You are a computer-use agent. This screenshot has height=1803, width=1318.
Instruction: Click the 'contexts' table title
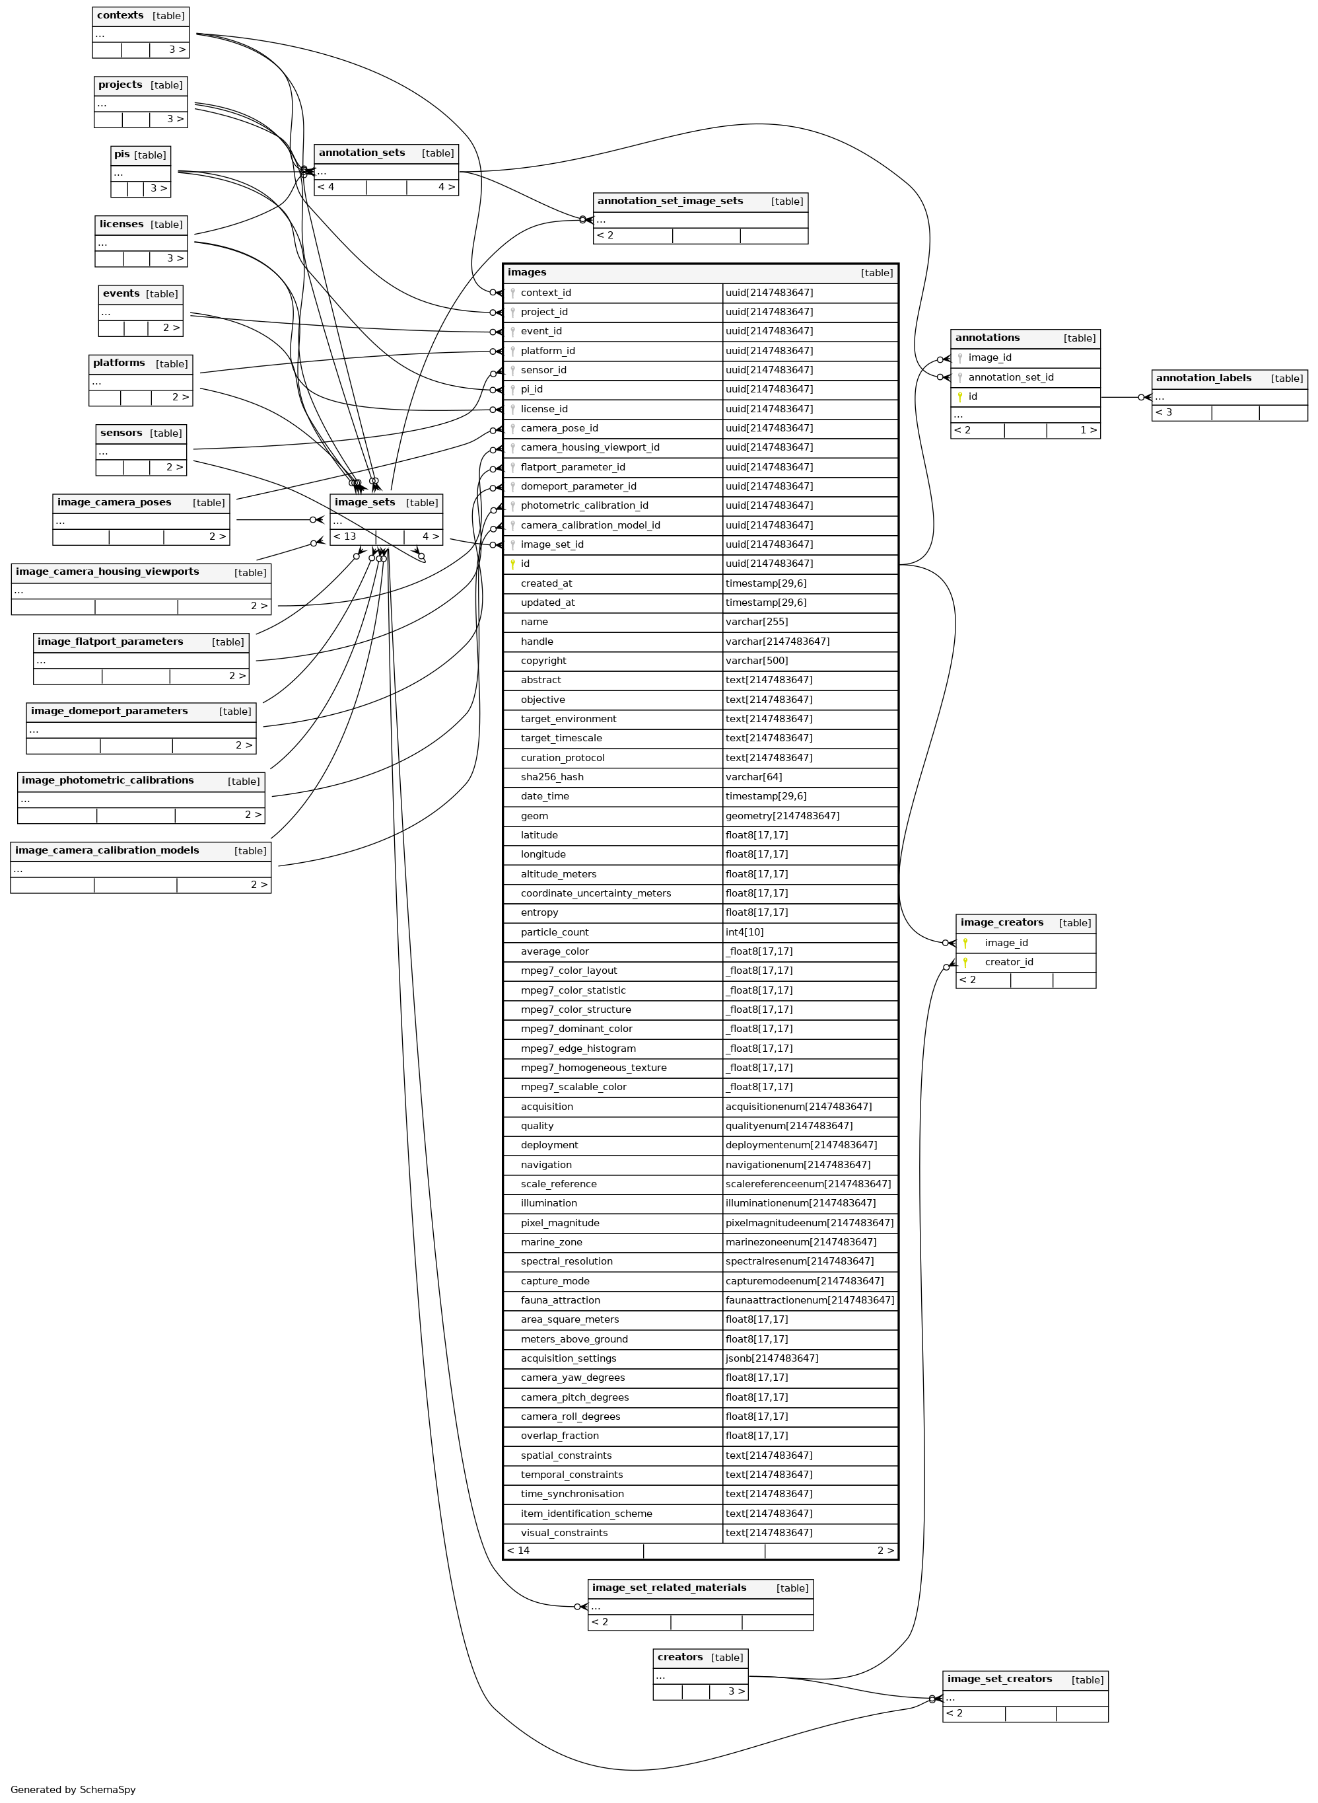click(120, 16)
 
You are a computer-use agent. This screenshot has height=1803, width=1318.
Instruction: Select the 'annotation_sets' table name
click(361, 153)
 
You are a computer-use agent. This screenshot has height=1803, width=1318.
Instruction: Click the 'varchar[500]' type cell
click(756, 661)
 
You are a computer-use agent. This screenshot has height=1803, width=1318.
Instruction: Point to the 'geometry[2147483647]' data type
click(782, 816)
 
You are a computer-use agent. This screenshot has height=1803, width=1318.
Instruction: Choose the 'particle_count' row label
click(555, 932)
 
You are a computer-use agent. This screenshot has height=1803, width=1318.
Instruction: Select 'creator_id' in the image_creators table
click(1008, 963)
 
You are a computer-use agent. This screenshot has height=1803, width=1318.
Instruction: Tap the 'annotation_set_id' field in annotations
click(1011, 377)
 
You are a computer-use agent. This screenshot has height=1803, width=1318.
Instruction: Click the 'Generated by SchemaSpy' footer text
click(73, 1789)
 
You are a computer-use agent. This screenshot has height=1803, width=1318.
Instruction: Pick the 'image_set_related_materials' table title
click(668, 1588)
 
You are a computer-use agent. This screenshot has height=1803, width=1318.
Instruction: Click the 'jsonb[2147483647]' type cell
click(771, 1358)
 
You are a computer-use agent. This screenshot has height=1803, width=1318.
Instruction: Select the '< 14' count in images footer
click(518, 1551)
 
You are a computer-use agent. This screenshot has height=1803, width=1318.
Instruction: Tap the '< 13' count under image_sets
click(345, 536)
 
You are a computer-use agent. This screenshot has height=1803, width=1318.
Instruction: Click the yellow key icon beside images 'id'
click(512, 564)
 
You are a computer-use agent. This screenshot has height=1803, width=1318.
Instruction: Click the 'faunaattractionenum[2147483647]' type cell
click(810, 1300)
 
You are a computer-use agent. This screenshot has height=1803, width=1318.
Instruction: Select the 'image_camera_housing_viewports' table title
click(107, 572)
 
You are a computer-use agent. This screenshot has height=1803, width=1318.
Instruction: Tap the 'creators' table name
click(679, 1657)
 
